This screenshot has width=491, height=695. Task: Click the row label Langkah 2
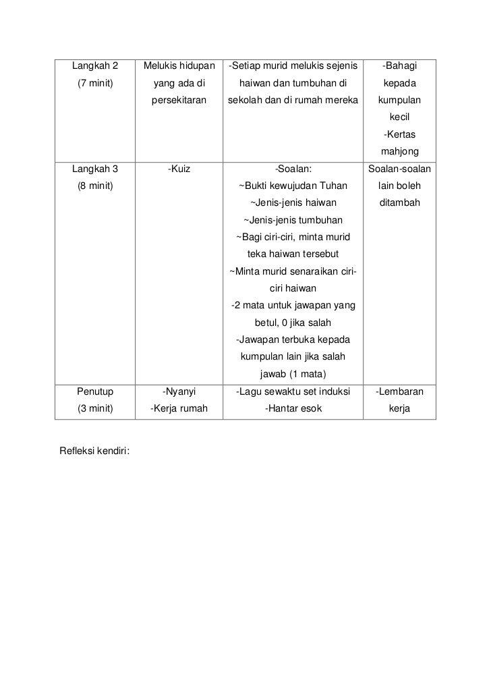point(95,66)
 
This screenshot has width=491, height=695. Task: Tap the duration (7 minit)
point(95,84)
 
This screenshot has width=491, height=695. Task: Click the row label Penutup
point(95,391)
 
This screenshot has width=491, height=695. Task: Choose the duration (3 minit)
point(95,409)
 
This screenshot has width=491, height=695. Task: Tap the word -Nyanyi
point(179,391)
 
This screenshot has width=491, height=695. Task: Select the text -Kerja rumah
point(179,409)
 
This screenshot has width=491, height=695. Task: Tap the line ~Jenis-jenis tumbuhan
point(293,221)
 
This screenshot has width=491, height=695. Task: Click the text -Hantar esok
point(293,409)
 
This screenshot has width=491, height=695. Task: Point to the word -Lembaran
point(400,391)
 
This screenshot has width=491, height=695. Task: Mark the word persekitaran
point(179,101)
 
